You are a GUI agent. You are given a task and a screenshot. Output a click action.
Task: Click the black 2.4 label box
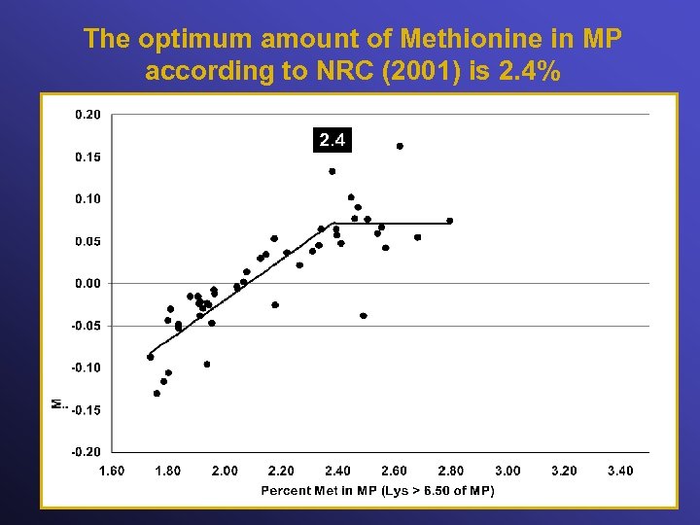(332, 141)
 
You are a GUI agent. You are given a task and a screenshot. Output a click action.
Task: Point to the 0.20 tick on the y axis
(87, 114)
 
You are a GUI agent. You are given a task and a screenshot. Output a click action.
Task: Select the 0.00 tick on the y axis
(87, 283)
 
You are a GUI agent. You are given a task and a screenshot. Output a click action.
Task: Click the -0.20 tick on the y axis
(86, 452)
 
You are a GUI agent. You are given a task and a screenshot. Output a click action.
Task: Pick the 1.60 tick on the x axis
(112, 471)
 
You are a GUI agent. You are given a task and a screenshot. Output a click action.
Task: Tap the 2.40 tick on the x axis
(337, 471)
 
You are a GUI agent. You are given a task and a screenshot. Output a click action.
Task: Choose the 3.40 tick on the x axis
(619, 471)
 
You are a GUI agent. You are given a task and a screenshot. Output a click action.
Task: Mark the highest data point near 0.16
(400, 146)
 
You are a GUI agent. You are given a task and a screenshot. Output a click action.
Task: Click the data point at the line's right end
(449, 221)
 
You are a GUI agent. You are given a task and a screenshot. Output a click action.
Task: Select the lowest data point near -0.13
(157, 394)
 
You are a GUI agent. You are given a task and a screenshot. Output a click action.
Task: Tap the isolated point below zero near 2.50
(364, 316)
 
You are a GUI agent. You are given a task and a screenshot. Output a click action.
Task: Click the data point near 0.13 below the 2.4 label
(332, 171)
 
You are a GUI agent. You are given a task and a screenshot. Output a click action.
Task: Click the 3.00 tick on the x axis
(507, 471)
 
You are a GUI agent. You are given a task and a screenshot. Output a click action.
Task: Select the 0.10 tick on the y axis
(87, 198)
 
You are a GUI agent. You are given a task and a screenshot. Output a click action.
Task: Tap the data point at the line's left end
(151, 357)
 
